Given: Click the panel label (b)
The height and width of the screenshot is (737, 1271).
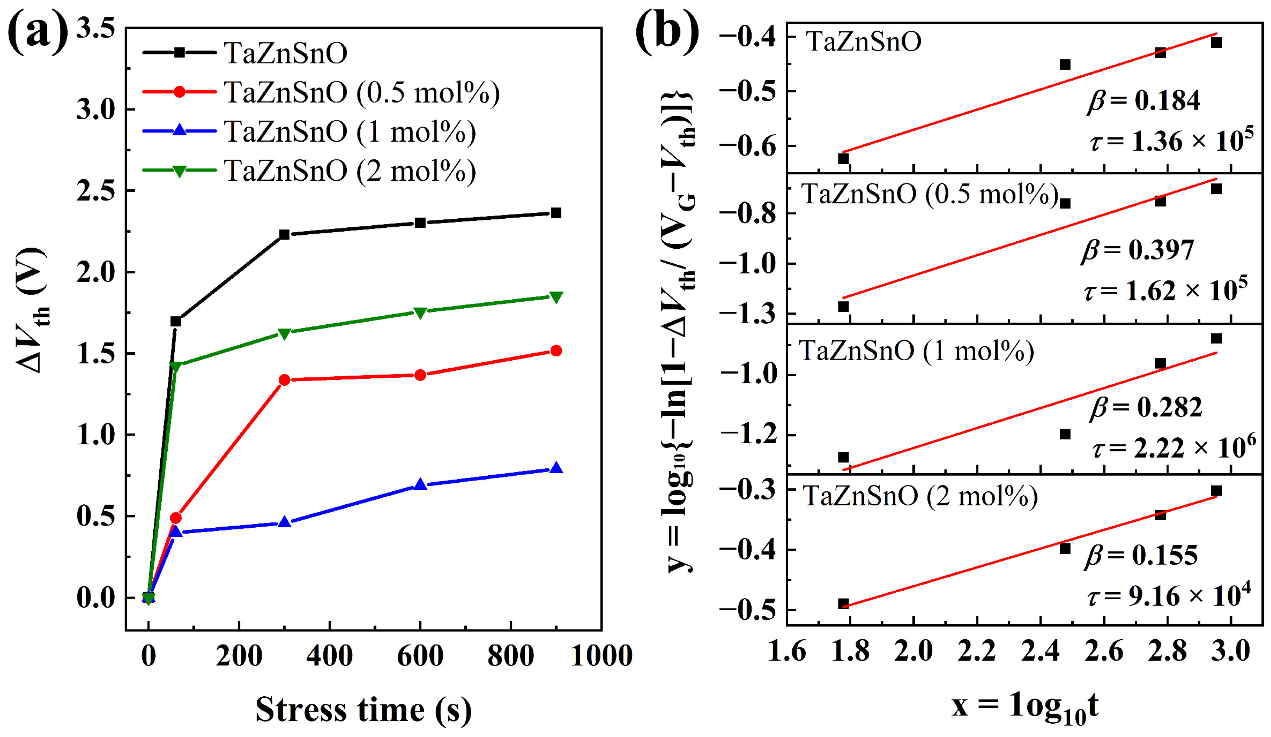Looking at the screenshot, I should [x=667, y=31].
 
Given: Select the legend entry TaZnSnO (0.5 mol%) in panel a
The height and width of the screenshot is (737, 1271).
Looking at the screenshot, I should [x=361, y=92].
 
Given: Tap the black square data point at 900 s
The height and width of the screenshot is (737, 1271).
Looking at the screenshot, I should [x=556, y=213].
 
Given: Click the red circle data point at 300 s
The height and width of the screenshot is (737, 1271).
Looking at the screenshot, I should [x=284, y=380].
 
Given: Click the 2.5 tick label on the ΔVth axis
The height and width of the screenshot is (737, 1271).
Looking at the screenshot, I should [x=96, y=191].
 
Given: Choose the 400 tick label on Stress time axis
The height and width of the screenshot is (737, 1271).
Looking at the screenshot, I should [x=329, y=656].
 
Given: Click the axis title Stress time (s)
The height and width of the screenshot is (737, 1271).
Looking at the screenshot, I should [x=363, y=709].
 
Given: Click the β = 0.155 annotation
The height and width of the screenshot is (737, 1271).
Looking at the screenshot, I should [x=1141, y=555].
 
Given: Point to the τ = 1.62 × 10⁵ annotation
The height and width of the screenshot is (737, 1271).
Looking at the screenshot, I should [x=1165, y=289].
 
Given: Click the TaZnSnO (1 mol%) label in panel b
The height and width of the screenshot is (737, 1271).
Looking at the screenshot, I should [x=916, y=351].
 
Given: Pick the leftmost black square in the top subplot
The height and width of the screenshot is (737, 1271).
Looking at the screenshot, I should [x=843, y=158].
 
